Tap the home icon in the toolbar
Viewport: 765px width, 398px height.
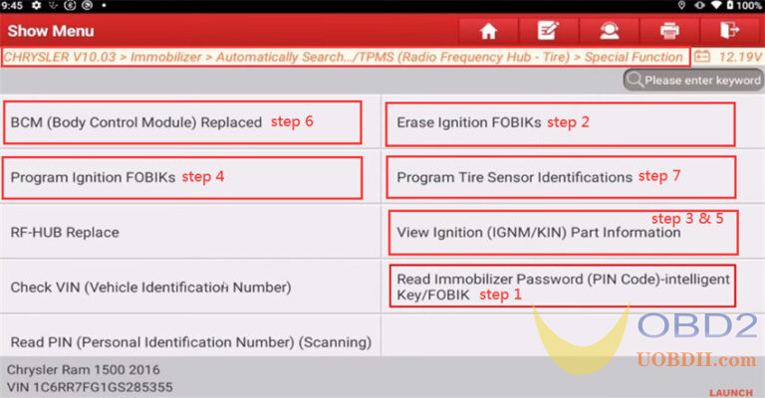(488, 31)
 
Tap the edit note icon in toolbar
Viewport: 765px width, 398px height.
(547, 31)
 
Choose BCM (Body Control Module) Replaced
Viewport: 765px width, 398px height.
(135, 123)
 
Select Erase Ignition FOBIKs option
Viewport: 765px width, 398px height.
(468, 123)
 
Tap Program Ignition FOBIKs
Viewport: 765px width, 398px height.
(93, 178)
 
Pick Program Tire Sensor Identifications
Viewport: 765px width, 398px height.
(514, 178)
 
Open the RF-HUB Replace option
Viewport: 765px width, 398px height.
(65, 233)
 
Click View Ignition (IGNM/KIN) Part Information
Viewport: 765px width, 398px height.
(538, 234)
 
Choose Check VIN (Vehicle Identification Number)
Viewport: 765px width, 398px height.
(150, 288)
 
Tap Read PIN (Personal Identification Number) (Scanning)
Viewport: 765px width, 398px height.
(190, 342)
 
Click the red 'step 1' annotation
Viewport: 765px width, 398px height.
(501, 296)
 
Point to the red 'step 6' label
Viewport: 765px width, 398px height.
(292, 122)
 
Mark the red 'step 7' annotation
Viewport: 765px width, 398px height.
(659, 176)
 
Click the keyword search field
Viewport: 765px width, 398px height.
(697, 80)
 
